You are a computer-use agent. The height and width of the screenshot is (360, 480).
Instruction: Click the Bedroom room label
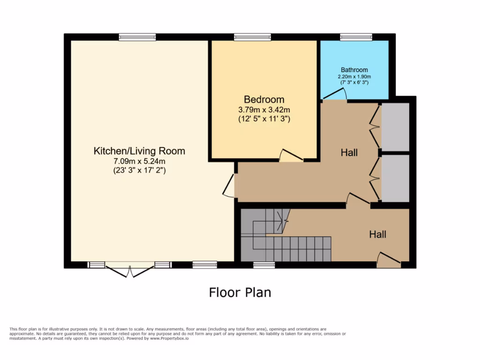tap(264, 99)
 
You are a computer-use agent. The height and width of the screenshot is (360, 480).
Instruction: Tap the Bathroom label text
tap(354, 70)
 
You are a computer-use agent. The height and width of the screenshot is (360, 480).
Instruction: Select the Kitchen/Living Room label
tap(139, 151)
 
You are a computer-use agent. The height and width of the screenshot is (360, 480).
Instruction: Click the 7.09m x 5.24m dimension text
tap(139, 161)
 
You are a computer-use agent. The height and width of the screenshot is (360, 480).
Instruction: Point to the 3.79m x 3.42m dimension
tap(264, 110)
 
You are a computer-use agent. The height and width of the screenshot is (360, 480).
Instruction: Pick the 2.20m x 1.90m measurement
tap(354, 76)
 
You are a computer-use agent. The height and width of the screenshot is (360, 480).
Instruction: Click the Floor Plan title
tap(240, 292)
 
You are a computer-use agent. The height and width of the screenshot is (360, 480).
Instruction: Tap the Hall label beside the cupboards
tap(349, 153)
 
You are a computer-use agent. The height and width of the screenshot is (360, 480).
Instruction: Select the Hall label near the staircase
tap(377, 234)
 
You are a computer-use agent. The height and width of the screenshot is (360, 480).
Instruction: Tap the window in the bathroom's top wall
tap(356, 37)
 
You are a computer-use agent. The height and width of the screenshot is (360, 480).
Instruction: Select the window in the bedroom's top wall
tap(253, 37)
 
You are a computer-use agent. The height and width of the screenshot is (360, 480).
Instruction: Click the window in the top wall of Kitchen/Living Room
tap(131, 37)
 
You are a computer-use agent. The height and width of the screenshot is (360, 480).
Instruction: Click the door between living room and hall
tap(230, 185)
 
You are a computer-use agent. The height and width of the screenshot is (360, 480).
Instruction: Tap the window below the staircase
tap(264, 265)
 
